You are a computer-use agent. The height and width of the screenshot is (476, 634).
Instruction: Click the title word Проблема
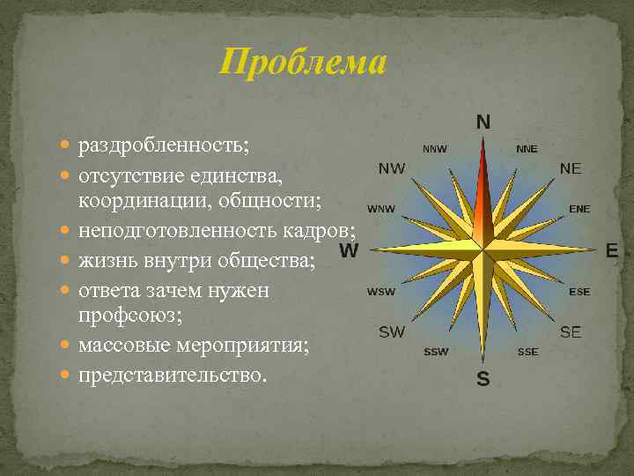(x=303, y=63)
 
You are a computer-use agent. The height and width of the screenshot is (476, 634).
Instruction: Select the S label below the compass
(x=483, y=380)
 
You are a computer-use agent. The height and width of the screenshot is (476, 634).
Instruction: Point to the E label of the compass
(x=612, y=251)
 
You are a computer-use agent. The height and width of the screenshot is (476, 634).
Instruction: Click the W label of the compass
(x=349, y=251)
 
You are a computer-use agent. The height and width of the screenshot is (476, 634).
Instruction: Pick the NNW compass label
(x=435, y=149)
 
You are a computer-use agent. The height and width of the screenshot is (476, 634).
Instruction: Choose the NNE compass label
(x=527, y=149)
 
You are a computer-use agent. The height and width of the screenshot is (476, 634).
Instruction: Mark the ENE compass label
(x=579, y=209)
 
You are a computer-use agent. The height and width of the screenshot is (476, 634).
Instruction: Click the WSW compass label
(x=381, y=292)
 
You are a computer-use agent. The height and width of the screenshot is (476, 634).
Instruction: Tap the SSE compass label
(x=527, y=352)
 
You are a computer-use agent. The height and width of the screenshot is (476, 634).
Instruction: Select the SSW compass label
(x=436, y=352)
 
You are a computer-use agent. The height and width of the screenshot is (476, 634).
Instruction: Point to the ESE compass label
(x=579, y=292)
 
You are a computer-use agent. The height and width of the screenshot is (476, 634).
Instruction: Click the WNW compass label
(x=381, y=209)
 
